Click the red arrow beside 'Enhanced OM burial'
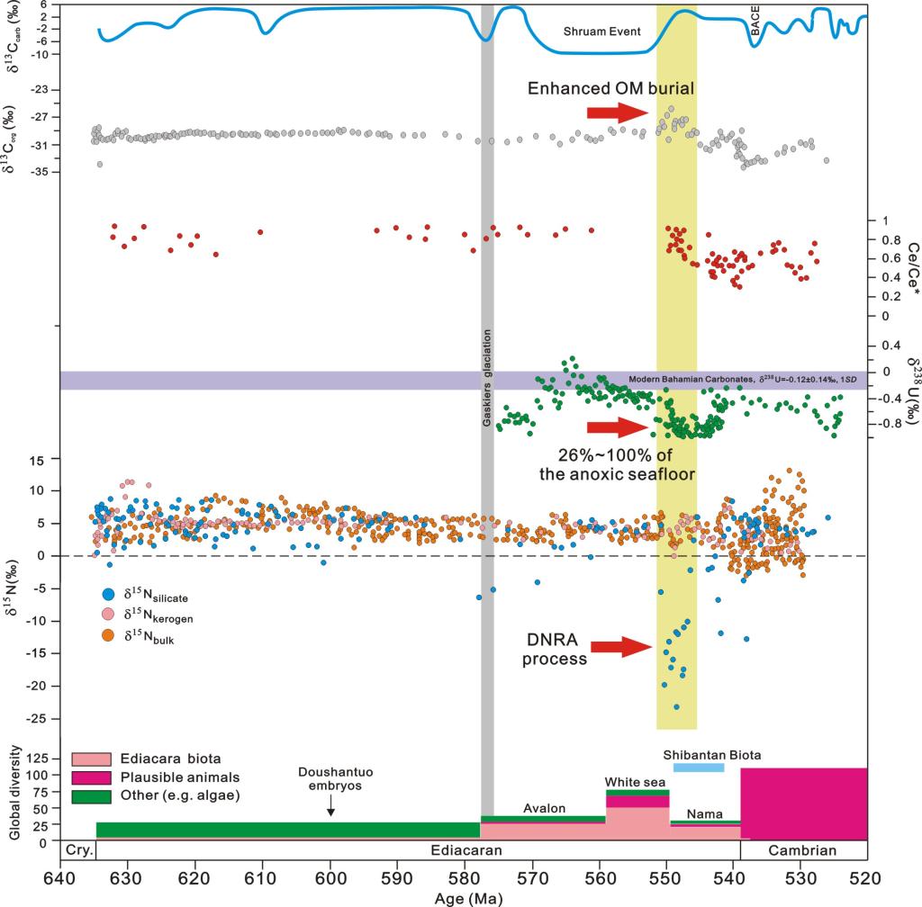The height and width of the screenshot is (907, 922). (x=617, y=112)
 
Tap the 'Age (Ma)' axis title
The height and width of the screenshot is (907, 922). (x=462, y=897)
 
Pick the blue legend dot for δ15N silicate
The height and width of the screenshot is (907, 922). (x=109, y=596)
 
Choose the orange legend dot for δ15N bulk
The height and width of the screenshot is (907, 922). (x=109, y=635)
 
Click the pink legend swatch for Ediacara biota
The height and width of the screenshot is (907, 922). (x=90, y=759)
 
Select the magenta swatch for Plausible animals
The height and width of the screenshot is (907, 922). (x=90, y=777)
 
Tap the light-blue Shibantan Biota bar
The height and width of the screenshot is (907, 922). (x=699, y=768)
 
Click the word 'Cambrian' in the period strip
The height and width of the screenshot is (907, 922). (x=803, y=850)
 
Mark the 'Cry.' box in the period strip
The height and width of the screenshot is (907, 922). (x=77, y=850)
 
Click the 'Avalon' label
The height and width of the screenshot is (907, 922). (x=545, y=808)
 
